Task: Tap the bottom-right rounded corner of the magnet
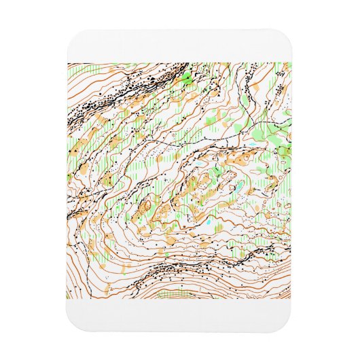[291, 327]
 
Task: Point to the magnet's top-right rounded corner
[291, 33]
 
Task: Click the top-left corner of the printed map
[68, 63]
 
